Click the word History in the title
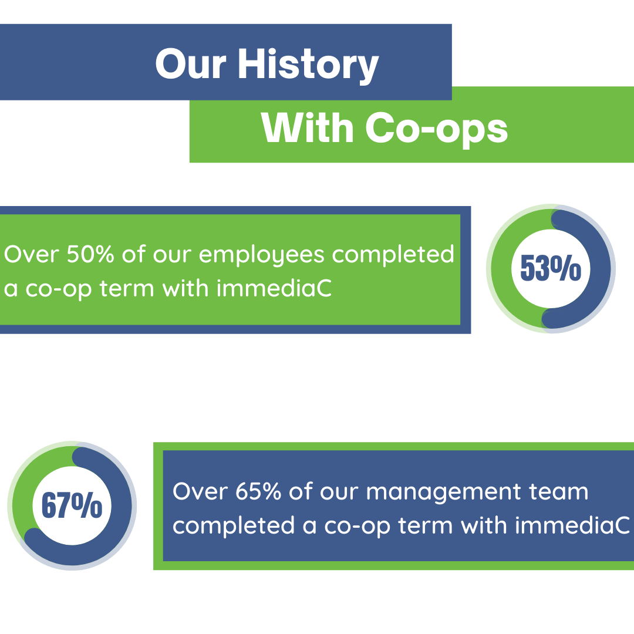(x=308, y=65)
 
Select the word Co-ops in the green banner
(x=436, y=129)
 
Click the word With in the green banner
(x=307, y=128)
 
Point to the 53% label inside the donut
(x=551, y=268)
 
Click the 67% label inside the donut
(x=72, y=505)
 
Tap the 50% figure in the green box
(x=90, y=254)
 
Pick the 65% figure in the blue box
(x=258, y=491)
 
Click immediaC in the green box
(x=274, y=288)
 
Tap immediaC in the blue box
(x=572, y=525)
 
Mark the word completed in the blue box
(x=234, y=527)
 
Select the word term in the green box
(x=127, y=289)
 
